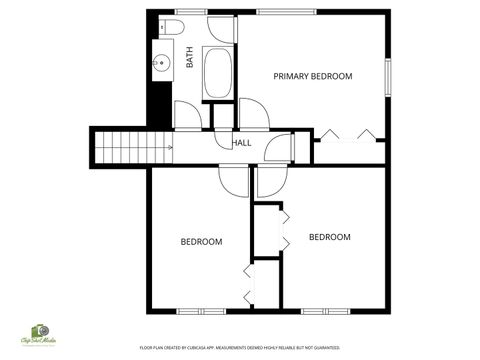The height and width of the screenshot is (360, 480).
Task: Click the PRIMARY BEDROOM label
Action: [x=313, y=76]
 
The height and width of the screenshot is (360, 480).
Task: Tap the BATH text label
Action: [x=190, y=58]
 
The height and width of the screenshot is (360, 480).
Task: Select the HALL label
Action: [x=242, y=143]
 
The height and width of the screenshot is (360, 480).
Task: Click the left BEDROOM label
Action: [x=201, y=242]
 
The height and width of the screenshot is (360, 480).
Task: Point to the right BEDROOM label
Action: [x=329, y=237]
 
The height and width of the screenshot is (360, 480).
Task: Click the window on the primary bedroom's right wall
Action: [x=387, y=76]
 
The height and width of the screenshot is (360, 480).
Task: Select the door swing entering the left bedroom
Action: [x=232, y=179]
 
